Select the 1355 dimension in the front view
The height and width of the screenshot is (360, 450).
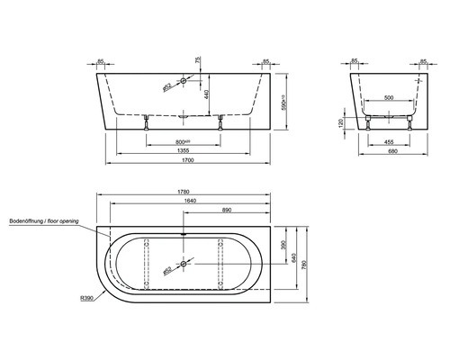pos(184,150)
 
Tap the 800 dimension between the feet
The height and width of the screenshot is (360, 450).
pos(184,140)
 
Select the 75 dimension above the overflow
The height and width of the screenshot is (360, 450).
pos(196,64)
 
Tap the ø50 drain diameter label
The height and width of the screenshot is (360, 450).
pos(166,270)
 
